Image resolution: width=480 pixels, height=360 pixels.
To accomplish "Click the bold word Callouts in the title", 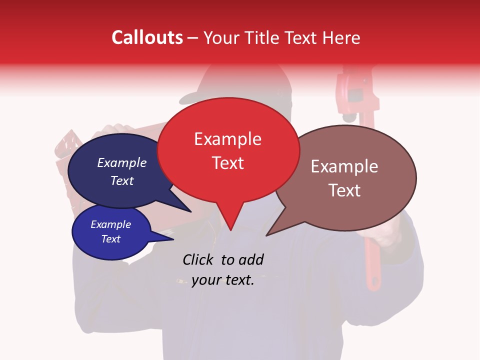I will [x=147, y=37].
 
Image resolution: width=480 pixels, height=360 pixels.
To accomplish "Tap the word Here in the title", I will [x=340, y=37].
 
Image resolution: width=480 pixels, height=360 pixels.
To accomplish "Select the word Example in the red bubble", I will [x=227, y=139].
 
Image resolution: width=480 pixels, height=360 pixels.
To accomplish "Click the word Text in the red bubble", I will [x=227, y=163].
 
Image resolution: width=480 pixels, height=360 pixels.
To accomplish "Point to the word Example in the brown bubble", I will [x=344, y=166].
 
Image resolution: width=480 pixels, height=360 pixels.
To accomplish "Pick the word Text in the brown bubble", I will [x=344, y=190].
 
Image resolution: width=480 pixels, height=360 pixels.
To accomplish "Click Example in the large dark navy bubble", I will [x=121, y=163].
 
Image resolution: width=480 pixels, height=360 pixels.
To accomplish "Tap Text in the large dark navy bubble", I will [x=121, y=180].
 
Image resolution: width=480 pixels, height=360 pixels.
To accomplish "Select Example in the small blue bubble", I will [x=110, y=224].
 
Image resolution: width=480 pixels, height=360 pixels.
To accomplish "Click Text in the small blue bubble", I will [x=110, y=239].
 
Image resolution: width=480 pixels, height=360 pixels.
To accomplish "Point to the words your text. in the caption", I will [x=223, y=280].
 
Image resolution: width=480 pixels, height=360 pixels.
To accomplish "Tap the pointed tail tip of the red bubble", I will [x=230, y=230].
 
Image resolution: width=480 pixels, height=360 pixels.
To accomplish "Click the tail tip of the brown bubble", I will [x=267, y=235].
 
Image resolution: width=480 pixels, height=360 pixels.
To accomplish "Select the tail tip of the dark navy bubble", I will [x=190, y=212].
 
